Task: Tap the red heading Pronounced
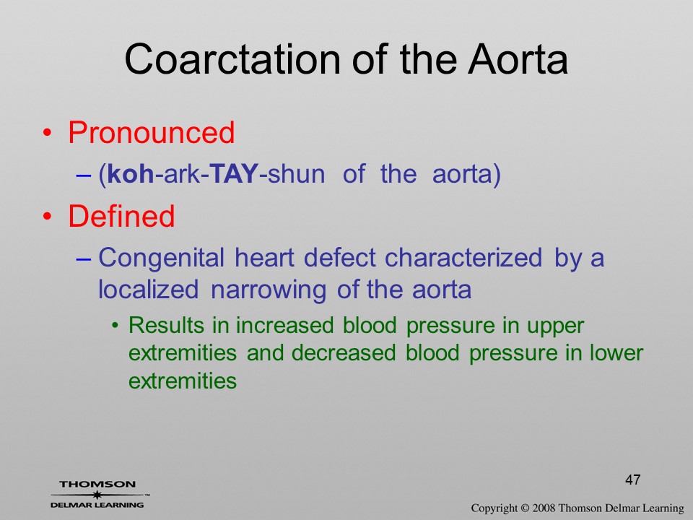click(151, 132)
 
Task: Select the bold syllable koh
click(131, 174)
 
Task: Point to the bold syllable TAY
click(233, 174)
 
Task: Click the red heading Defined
click(121, 216)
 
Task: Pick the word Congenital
click(161, 258)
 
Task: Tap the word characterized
click(463, 257)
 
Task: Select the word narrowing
click(269, 290)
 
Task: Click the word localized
click(148, 290)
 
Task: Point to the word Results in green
click(167, 326)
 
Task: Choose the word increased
click(285, 326)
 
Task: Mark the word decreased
click(344, 353)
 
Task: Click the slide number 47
click(633, 480)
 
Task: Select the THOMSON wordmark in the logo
click(97, 484)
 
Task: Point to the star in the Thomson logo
click(97, 495)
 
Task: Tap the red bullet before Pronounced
click(48, 133)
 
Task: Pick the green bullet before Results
click(115, 326)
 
